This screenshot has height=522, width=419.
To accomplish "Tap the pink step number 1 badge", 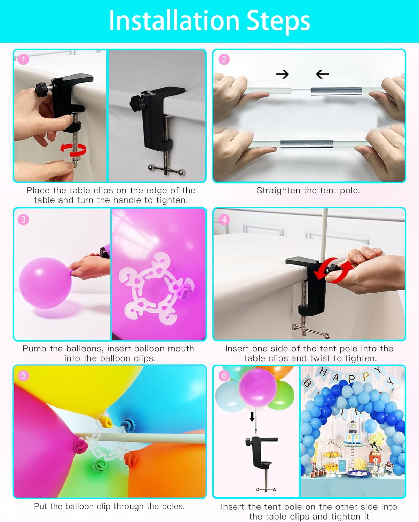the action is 23,60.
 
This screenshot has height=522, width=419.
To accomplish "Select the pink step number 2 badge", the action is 224,60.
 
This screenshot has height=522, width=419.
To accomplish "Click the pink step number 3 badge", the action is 23,220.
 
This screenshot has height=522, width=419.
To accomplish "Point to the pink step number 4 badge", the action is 224,220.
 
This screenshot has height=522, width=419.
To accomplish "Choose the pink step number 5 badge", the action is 23,376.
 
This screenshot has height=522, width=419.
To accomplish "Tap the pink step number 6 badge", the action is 224,376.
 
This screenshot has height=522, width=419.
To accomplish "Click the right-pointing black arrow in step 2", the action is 282,74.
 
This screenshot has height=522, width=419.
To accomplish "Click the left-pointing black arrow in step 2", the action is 322,74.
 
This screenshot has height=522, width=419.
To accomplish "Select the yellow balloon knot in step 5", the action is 106,422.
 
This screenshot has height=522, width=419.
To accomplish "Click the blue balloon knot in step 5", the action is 128,425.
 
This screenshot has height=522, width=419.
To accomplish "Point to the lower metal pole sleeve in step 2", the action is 307,144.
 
